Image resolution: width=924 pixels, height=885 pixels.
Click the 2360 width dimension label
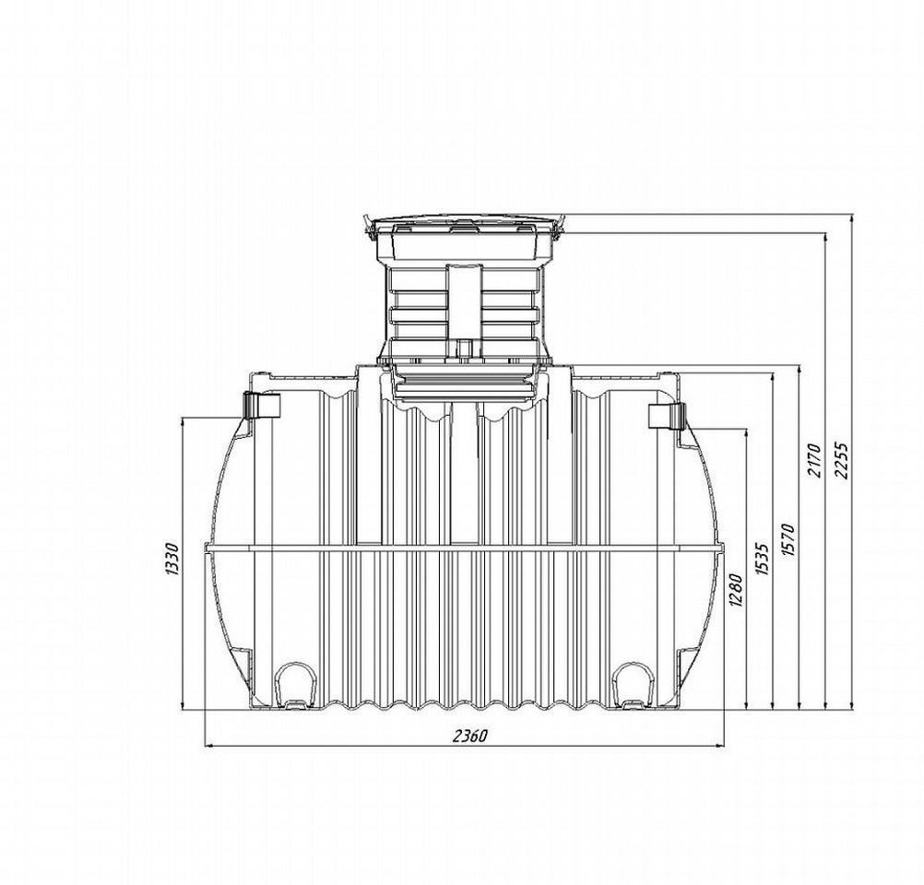pyautogui.click(x=470, y=736)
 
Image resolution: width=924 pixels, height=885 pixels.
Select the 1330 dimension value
pyautogui.click(x=172, y=560)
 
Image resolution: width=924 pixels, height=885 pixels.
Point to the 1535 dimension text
pyautogui.click(x=763, y=560)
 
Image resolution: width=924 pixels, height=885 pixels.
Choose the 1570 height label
pyautogui.click(x=788, y=539)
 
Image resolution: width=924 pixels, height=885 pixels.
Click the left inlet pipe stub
pyautogui.click(x=262, y=405)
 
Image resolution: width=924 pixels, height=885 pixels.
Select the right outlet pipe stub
pyautogui.click(x=666, y=417)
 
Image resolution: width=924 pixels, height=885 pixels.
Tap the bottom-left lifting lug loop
pyautogui.click(x=294, y=686)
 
